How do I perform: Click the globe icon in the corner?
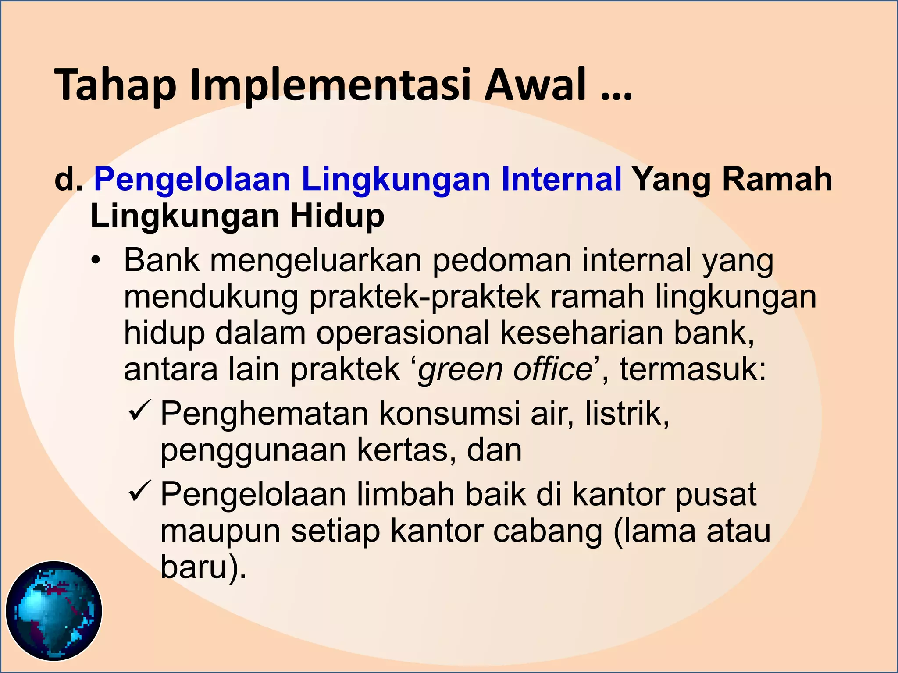click(x=54, y=611)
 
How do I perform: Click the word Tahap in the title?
click(x=115, y=85)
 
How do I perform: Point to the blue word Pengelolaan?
click(x=192, y=180)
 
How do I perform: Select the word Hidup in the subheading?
click(x=337, y=216)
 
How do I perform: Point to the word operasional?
click(x=403, y=333)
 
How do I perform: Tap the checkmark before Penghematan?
click(x=140, y=411)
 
